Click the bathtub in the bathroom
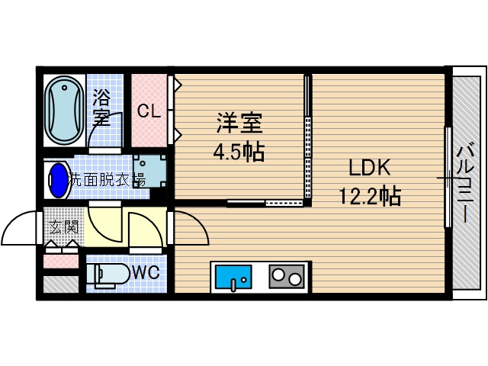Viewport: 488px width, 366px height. click(64, 111)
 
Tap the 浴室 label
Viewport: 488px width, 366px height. click(101, 107)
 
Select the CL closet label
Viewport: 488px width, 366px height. click(149, 111)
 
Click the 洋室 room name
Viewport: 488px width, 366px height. click(239, 123)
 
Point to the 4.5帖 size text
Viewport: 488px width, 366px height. click(239, 152)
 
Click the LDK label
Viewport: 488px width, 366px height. click(369, 168)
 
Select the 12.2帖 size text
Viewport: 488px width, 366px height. click(369, 196)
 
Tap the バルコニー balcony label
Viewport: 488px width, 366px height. click(465, 182)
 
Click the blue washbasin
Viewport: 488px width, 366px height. click(59, 180)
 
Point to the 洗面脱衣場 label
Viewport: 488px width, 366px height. click(107, 180)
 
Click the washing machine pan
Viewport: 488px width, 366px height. click(149, 171)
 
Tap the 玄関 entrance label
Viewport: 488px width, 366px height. click(63, 227)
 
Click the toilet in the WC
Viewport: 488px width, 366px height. click(108, 274)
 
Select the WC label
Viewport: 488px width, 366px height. click(146, 273)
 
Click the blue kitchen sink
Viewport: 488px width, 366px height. click(233, 277)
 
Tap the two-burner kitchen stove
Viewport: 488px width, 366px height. click(287, 276)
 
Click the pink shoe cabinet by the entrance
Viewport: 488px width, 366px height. click(61, 261)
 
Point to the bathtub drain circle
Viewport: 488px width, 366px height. click(64, 88)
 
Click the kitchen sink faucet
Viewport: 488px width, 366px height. click(234, 284)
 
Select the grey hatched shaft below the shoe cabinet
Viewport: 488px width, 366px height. click(61, 284)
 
